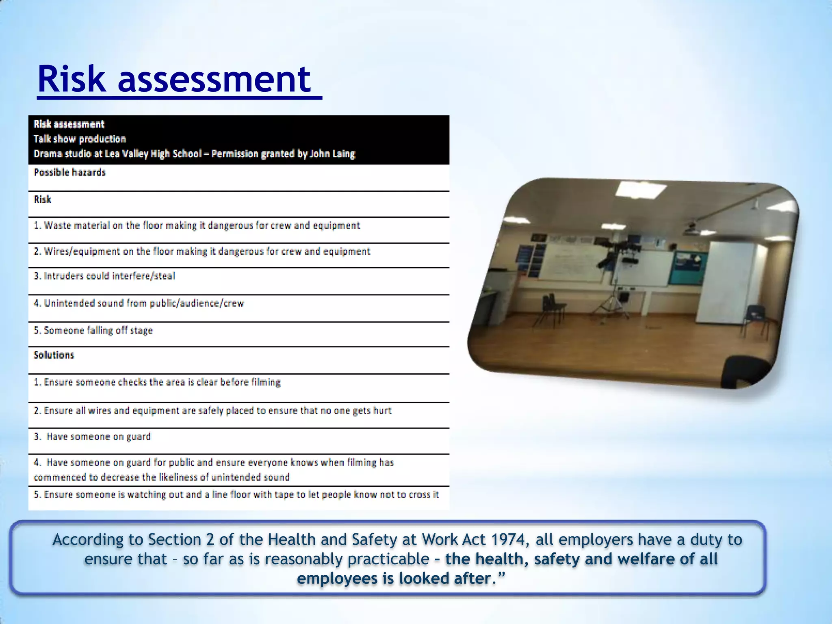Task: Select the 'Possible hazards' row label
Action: click(69, 173)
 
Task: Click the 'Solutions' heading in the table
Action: click(54, 355)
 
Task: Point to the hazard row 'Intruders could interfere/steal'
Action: click(104, 276)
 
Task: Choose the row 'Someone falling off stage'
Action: click(93, 331)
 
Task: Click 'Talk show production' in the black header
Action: click(80, 139)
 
